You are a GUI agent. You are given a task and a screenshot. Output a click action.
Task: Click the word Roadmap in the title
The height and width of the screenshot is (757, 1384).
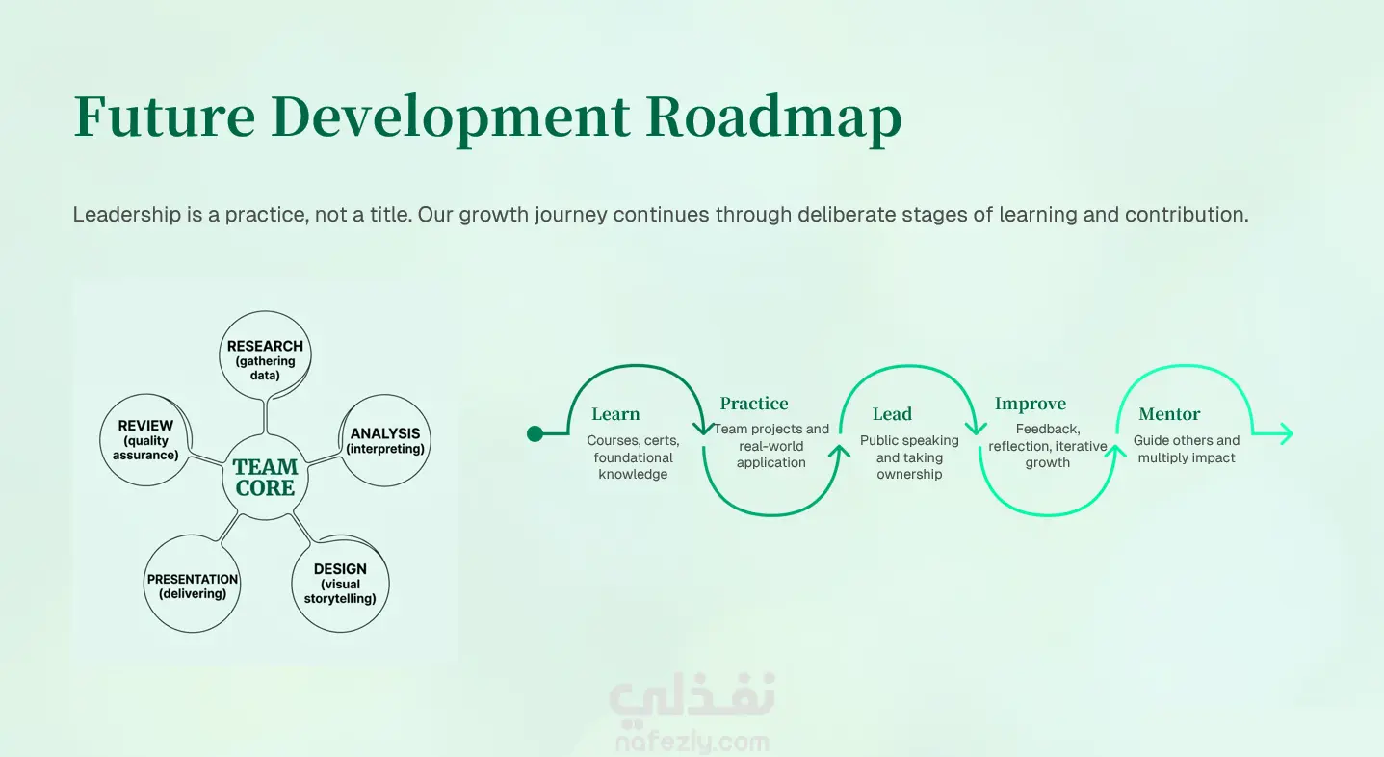(773, 117)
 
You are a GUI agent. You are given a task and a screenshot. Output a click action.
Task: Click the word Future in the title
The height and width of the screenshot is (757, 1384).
(165, 117)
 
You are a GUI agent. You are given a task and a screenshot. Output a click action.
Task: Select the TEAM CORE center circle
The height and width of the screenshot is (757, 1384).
(265, 477)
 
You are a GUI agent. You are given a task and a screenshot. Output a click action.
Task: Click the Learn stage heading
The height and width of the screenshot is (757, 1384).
(615, 414)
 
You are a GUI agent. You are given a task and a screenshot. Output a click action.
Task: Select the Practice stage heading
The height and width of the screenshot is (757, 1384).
(754, 404)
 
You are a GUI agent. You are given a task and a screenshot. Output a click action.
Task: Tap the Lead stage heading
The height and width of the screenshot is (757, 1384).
(892, 414)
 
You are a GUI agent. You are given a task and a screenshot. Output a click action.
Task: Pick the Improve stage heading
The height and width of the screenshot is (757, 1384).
(1030, 405)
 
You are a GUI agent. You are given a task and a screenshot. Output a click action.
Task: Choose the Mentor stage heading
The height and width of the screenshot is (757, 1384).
(1169, 414)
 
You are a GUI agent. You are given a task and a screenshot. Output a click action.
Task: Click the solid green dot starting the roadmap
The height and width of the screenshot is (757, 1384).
(535, 433)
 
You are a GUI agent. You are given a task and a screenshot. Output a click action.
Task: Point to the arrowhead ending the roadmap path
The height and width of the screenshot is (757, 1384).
(1285, 433)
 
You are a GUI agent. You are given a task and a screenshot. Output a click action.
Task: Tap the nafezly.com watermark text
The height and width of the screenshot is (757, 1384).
(692, 742)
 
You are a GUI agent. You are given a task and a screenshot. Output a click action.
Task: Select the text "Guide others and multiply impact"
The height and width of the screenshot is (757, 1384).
(1187, 449)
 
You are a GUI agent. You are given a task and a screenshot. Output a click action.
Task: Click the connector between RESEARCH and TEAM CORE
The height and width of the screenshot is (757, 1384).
(265, 417)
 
